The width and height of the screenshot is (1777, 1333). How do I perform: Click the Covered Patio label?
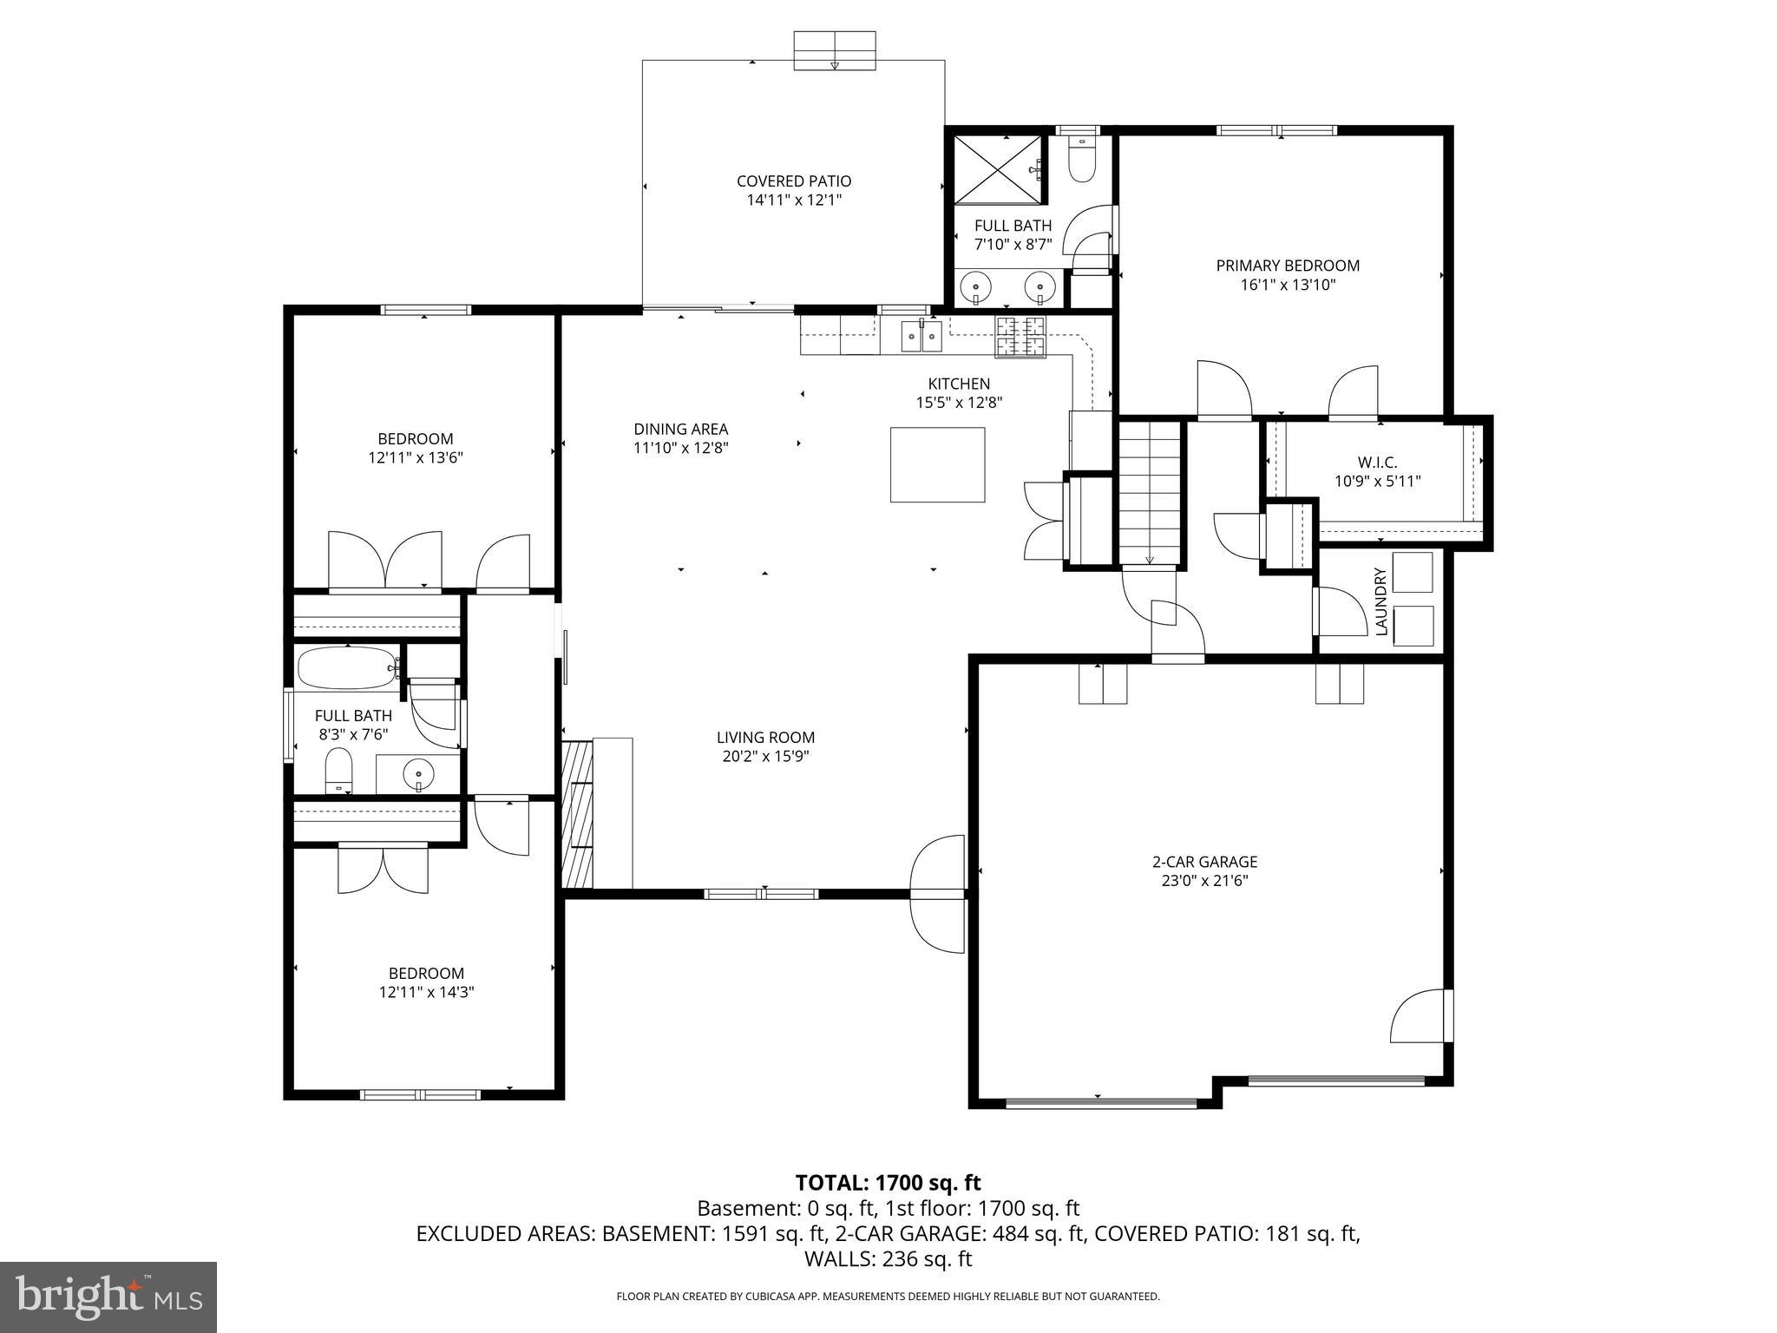click(x=794, y=181)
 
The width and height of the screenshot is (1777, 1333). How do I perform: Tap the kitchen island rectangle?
click(x=937, y=464)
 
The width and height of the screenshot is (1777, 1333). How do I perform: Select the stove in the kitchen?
click(x=1021, y=337)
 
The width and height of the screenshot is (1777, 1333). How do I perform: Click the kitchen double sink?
click(x=921, y=335)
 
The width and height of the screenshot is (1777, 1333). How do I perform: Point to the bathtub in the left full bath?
click(x=347, y=668)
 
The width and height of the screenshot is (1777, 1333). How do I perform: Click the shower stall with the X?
click(x=997, y=169)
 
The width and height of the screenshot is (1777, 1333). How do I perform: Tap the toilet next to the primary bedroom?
click(x=1081, y=159)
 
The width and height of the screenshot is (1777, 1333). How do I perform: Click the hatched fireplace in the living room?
click(x=578, y=813)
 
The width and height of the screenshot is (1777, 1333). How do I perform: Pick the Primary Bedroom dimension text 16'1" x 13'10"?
click(x=1288, y=284)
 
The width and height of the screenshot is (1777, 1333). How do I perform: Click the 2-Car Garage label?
click(x=1204, y=862)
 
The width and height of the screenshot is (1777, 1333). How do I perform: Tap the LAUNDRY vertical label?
click(x=1381, y=601)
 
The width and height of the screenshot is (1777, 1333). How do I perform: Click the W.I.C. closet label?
click(x=1377, y=463)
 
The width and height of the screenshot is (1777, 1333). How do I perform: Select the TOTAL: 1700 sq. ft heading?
click(x=888, y=1182)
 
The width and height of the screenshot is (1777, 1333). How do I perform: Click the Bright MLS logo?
click(x=108, y=1297)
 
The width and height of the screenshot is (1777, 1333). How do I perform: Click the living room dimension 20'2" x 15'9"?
click(x=765, y=756)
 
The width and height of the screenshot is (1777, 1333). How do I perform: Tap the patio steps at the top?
click(x=835, y=50)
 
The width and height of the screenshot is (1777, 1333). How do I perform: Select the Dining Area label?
click(x=680, y=429)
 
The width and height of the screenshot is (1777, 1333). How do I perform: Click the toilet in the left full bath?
click(x=338, y=771)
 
